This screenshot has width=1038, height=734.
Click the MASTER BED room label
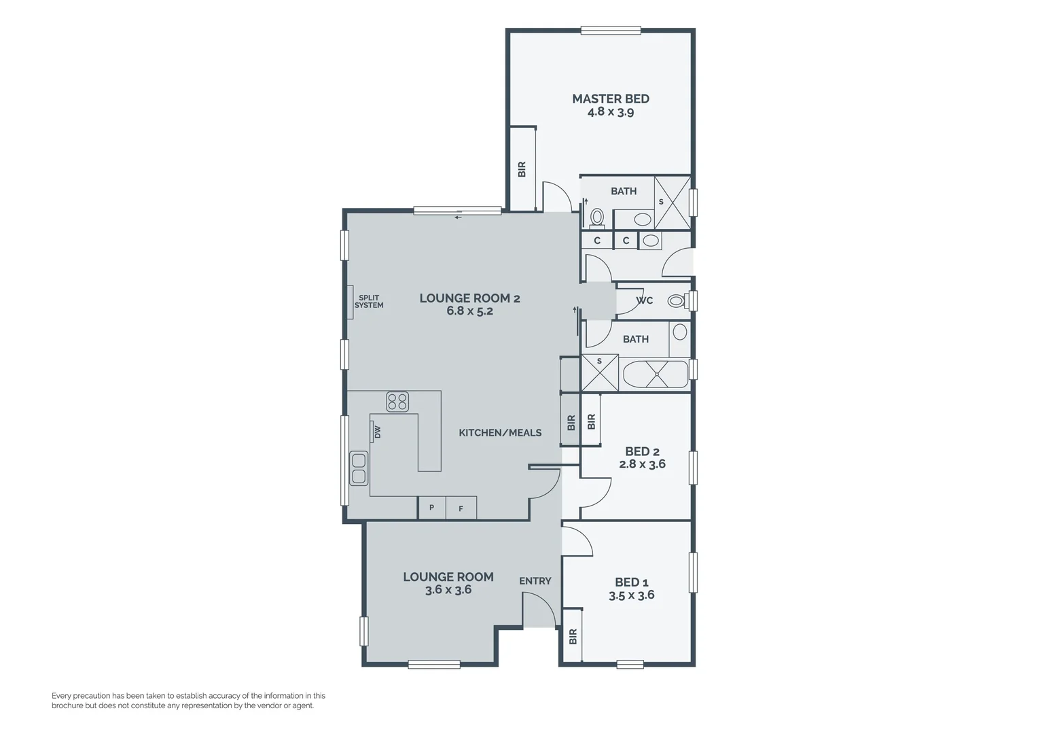tap(610, 99)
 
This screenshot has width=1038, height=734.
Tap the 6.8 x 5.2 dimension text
tap(469, 311)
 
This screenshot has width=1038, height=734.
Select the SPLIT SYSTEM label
tap(369, 302)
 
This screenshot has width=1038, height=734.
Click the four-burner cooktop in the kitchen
tap(397, 402)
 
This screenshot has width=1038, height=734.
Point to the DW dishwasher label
tap(376, 432)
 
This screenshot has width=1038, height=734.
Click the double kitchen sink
tap(358, 468)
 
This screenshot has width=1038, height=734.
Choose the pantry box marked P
tap(431, 508)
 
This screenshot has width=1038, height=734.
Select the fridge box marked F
tap(461, 508)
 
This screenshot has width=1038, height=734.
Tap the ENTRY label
tap(535, 581)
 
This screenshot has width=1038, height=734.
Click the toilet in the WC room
tap(676, 300)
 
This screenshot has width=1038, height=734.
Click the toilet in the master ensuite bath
tap(597, 217)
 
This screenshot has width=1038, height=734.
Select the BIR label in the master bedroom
tap(522, 169)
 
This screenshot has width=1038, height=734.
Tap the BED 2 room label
tap(642, 451)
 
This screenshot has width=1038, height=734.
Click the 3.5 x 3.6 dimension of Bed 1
tap(631, 595)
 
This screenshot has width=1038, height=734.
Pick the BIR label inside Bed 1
tap(573, 636)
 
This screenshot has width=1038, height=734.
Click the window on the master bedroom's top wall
tap(610, 30)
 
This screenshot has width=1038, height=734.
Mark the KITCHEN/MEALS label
tap(500, 433)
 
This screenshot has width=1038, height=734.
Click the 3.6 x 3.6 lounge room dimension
tap(448, 590)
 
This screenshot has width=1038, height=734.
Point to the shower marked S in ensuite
tap(672, 203)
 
